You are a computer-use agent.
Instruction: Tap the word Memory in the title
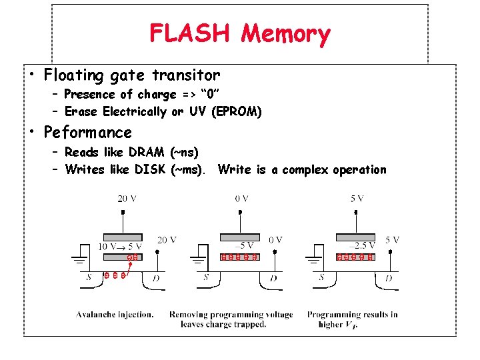coord(286,33)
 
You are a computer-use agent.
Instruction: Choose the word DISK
coord(151,169)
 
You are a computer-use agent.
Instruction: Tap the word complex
coord(305,169)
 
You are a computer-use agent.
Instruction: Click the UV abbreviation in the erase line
coord(197,112)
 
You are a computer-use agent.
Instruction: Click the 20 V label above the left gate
coord(127,199)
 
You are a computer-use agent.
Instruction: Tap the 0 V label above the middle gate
coord(241,199)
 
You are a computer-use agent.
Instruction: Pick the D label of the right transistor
coord(389,278)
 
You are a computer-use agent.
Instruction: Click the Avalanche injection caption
coord(115,315)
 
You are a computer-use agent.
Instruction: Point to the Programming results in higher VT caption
coord(352,319)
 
